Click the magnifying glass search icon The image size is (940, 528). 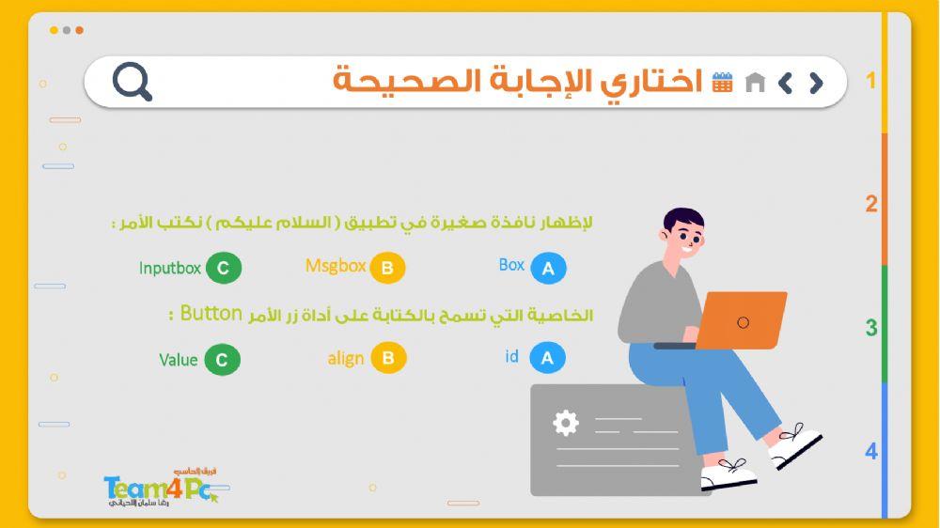coord(132,82)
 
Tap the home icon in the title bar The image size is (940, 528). coord(754,83)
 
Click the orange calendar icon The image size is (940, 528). coord(722,82)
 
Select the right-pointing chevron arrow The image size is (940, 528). coord(815,83)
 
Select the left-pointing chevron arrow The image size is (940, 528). coord(785,83)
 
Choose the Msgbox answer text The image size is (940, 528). coord(336,266)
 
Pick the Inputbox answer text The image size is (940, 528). coord(170,268)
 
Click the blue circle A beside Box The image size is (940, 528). coord(548,269)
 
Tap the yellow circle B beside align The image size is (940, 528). coord(387,358)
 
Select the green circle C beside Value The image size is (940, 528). coord(222,360)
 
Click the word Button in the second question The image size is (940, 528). coord(211,313)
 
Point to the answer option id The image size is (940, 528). coord(511,357)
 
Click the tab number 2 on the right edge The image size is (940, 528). coord(871,204)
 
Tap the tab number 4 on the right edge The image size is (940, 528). coord(871,451)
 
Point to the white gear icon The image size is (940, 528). coord(565,423)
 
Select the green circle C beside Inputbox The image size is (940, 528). coord(223,268)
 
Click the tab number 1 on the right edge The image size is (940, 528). coord(871,81)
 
